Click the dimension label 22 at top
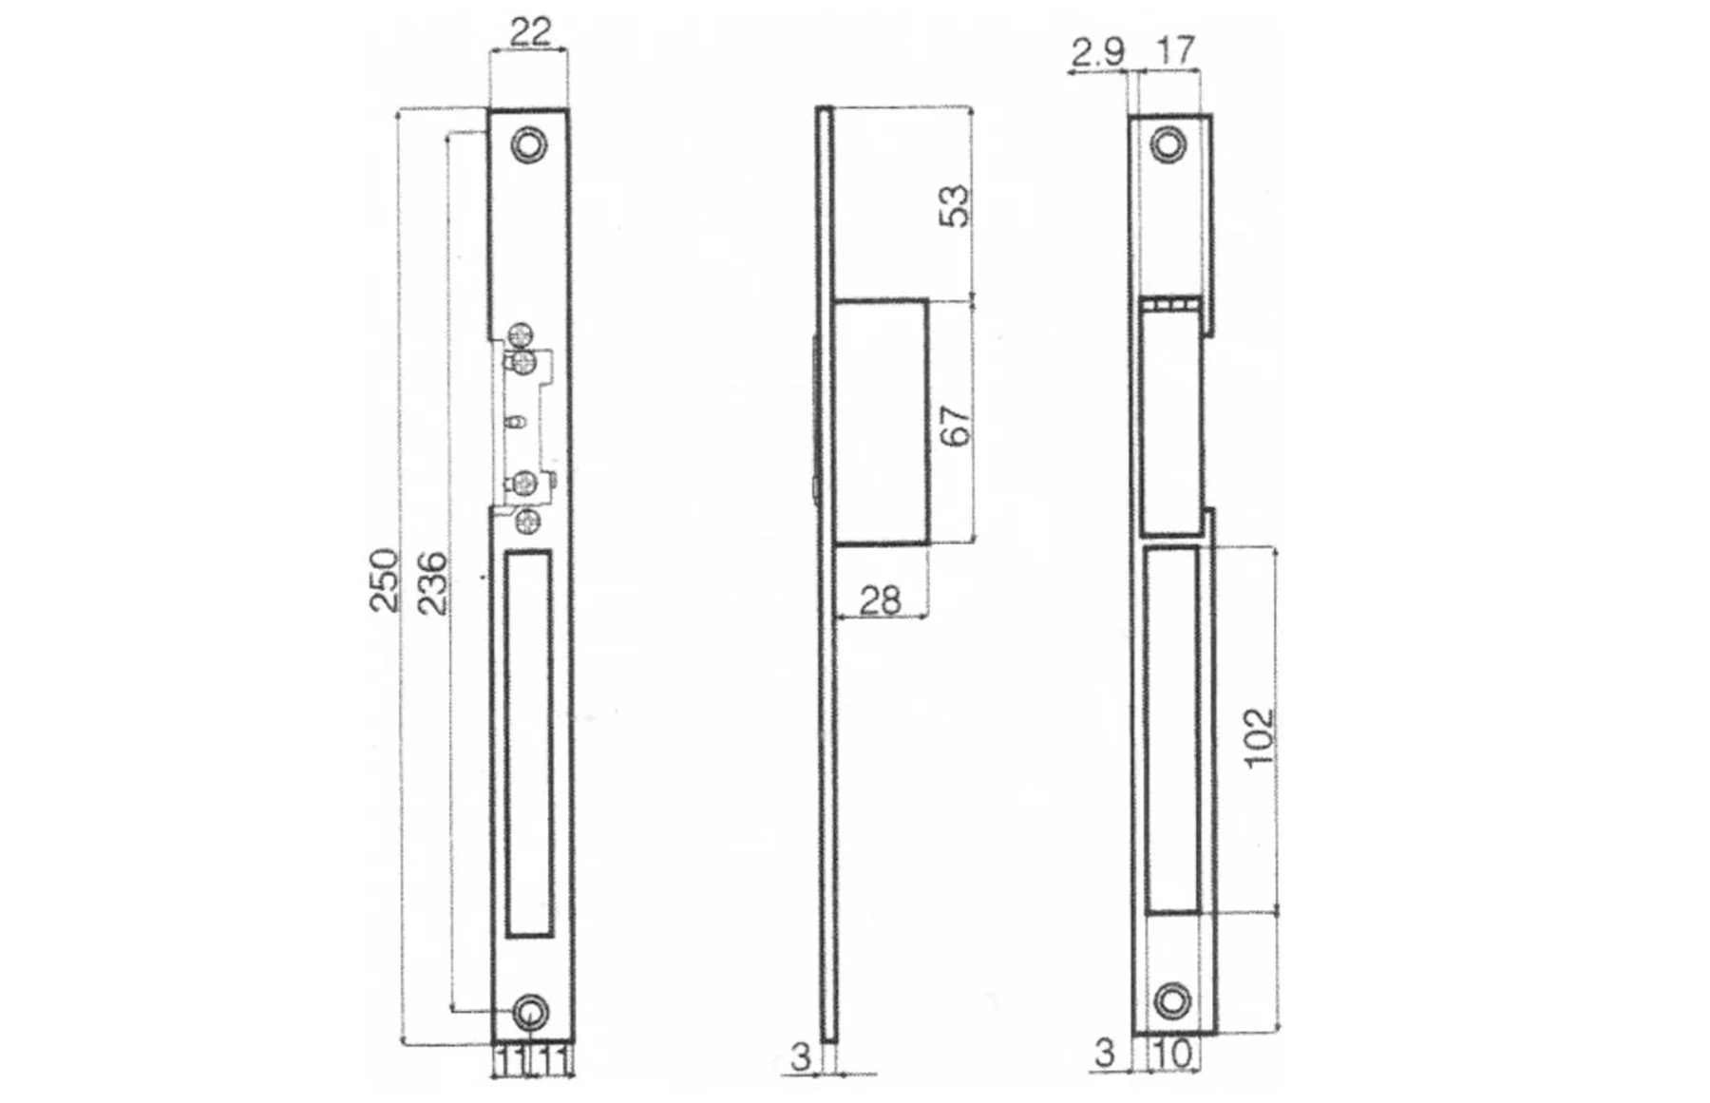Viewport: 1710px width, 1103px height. point(529,33)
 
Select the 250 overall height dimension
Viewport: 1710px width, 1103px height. point(384,580)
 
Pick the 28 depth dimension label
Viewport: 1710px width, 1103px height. point(880,600)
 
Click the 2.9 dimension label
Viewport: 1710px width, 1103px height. point(1097,52)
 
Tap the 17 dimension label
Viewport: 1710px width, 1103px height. point(1175,50)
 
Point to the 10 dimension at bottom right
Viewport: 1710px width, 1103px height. point(1174,1053)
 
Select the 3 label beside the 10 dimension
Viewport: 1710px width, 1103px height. point(1104,1053)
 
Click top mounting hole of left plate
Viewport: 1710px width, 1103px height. point(528,145)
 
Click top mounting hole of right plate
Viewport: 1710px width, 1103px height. point(1168,145)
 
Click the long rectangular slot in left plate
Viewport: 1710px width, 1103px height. point(529,743)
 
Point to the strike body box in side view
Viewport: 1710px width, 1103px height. point(880,422)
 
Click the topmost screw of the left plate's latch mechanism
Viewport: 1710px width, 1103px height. point(521,334)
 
